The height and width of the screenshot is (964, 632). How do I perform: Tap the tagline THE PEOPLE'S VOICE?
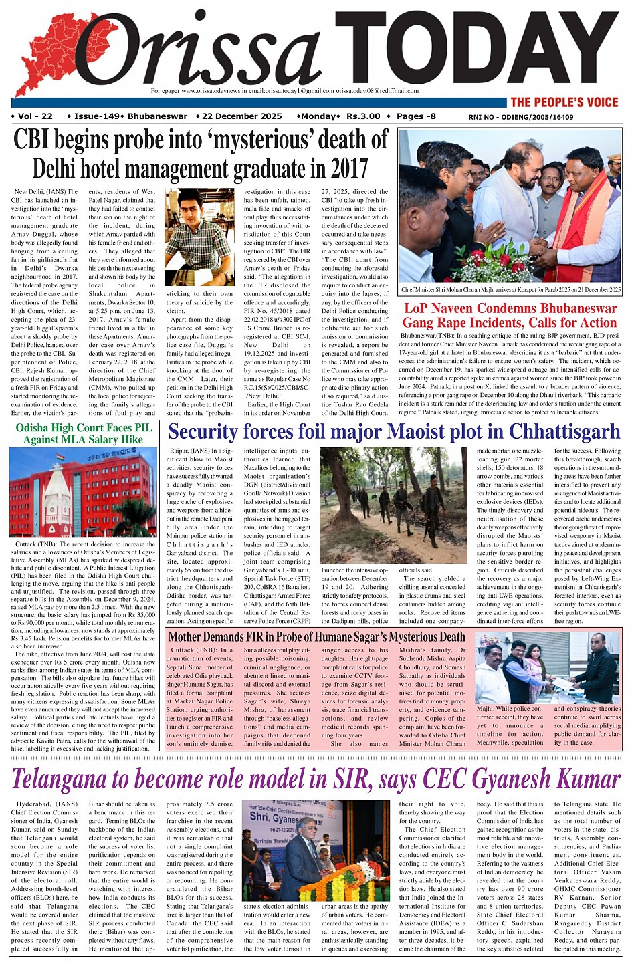pyautogui.click(x=564, y=102)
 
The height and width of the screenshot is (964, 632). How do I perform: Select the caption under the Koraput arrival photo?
pyautogui.click(x=510, y=291)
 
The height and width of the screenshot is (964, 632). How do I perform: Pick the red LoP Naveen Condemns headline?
pyautogui.click(x=510, y=316)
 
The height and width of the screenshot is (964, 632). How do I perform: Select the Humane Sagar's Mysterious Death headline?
pyautogui.click(x=316, y=637)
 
